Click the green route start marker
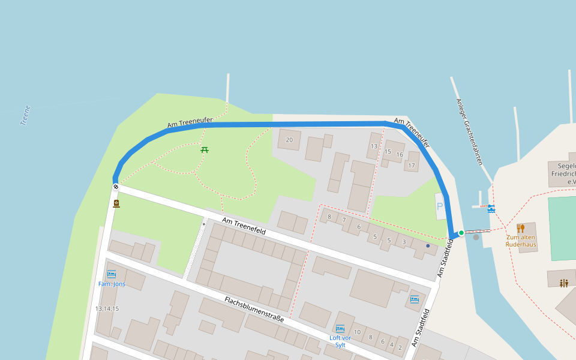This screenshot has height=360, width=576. coord(461,233)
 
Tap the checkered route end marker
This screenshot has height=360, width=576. coord(115,187)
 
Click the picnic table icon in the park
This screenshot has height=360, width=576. coord(205,149)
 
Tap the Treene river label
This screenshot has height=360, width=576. coord(25,115)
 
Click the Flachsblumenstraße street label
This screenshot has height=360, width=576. coord(254,309)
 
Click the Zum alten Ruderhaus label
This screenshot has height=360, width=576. coord(520,241)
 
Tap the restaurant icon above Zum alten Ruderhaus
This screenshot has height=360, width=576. coord(520,228)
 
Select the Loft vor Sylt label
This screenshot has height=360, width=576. coord(340,341)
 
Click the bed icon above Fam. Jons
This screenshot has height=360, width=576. coord(112,274)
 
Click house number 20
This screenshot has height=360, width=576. coord(289,140)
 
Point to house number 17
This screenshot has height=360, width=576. coord(412,165)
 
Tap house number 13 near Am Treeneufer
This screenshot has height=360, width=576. coord(374,146)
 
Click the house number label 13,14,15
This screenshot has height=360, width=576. coord(107,308)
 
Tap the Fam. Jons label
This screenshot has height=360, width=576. coord(112,284)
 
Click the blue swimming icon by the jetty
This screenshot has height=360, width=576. coord(491,208)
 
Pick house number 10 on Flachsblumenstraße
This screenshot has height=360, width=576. coord(357,332)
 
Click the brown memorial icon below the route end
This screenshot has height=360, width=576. coord(116,203)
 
